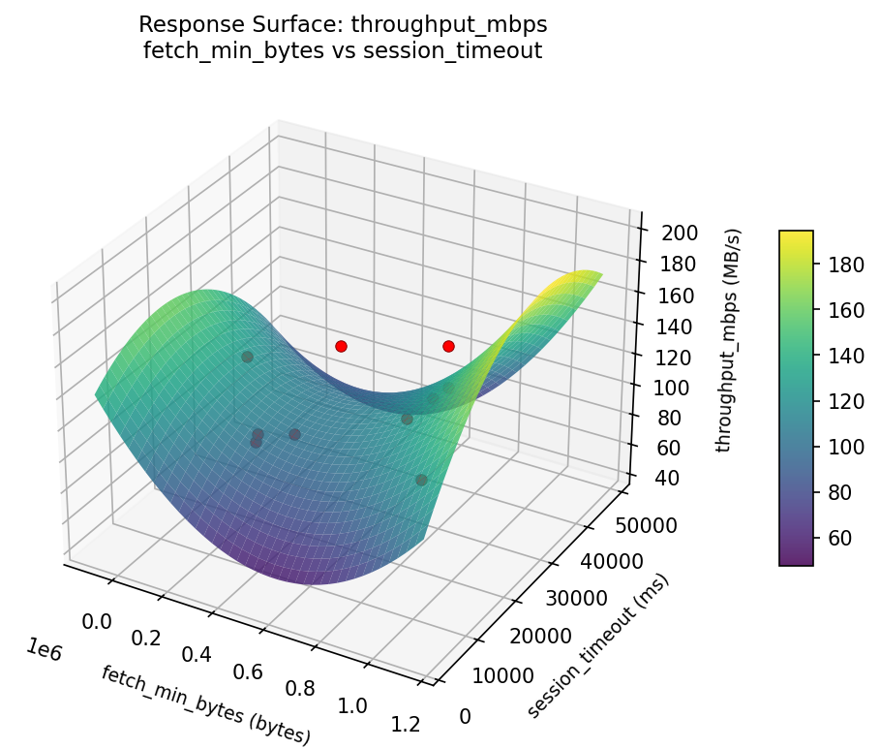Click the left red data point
click(341, 346)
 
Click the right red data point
click(448, 346)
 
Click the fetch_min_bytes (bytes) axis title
click(205, 704)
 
